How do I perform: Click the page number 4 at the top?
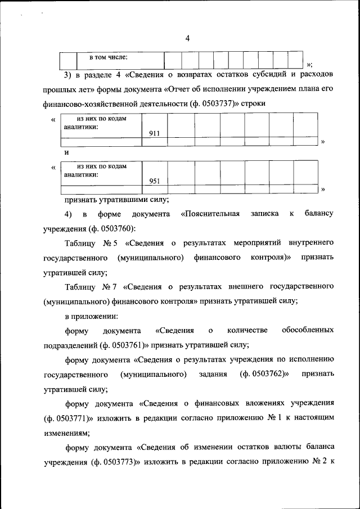(187, 38)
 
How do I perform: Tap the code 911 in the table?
(155, 133)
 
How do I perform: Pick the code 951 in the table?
(155, 181)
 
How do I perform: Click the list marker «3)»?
(69, 75)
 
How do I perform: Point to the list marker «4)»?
(68, 214)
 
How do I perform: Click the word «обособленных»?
(308, 330)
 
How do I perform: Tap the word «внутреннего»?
(311, 243)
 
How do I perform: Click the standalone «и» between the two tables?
(66, 152)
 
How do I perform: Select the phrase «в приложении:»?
(91, 316)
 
